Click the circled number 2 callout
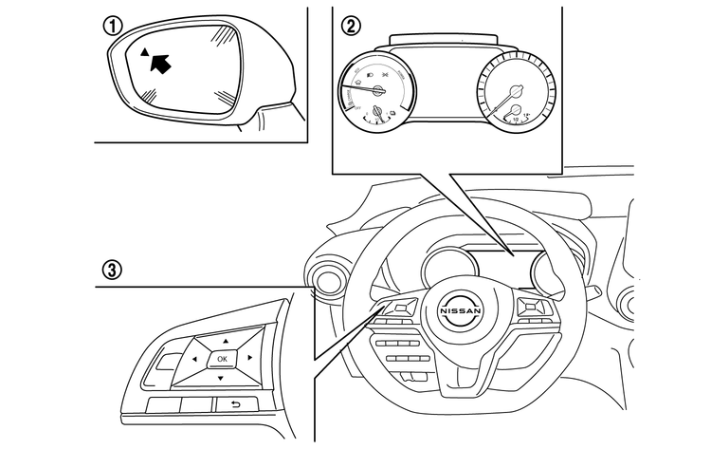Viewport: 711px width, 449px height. [352, 26]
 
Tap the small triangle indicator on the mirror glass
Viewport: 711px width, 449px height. [144, 52]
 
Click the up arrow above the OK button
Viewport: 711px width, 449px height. [225, 340]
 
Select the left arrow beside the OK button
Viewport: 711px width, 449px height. [193, 360]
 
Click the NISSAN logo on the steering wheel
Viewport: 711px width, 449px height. [460, 311]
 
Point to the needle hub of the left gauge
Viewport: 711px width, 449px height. [377, 91]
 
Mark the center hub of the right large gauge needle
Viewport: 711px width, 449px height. [517, 92]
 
